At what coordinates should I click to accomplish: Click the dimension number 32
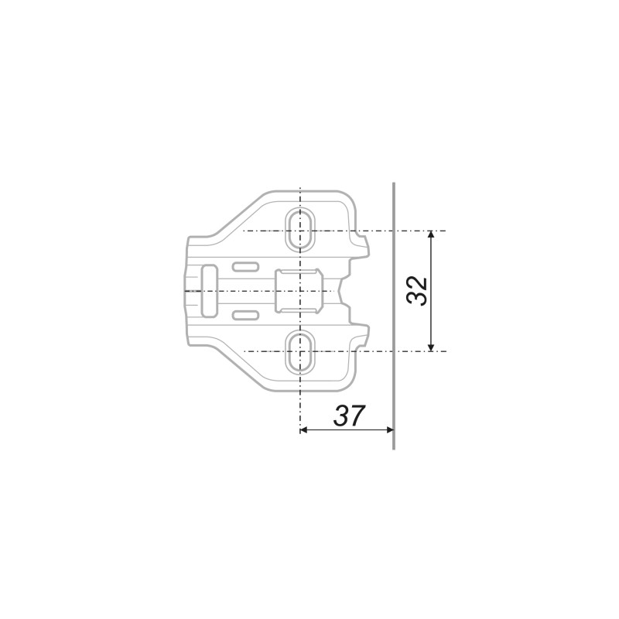pyautogui.click(x=417, y=291)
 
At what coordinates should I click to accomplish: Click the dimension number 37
pyautogui.click(x=348, y=416)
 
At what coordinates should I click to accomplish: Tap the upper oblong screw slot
pyautogui.click(x=300, y=229)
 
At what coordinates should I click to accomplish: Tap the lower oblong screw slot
pyautogui.click(x=300, y=353)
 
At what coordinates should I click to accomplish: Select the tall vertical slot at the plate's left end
pyautogui.click(x=209, y=291)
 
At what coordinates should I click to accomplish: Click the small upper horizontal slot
pyautogui.click(x=245, y=267)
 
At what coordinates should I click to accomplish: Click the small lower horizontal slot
pyautogui.click(x=245, y=316)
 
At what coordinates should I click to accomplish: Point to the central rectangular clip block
pyautogui.click(x=299, y=291)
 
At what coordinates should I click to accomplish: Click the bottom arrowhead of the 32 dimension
pyautogui.click(x=431, y=347)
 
